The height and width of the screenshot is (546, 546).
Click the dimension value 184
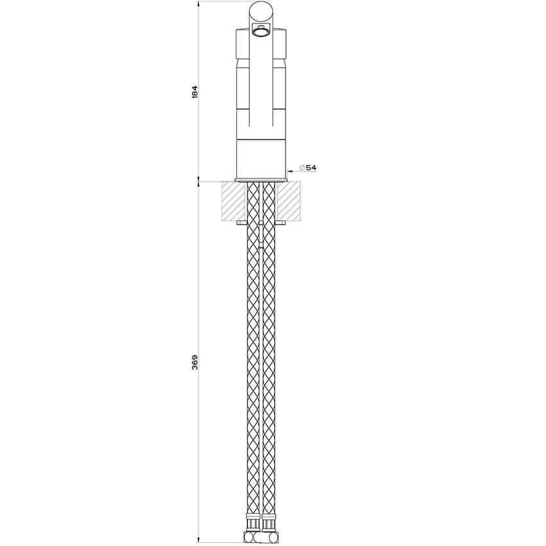(x=195, y=91)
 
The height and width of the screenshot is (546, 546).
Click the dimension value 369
(x=195, y=362)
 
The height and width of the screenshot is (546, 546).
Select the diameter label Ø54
(x=308, y=168)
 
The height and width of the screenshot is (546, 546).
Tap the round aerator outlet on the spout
(x=260, y=32)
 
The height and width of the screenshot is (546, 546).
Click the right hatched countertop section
(x=288, y=201)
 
